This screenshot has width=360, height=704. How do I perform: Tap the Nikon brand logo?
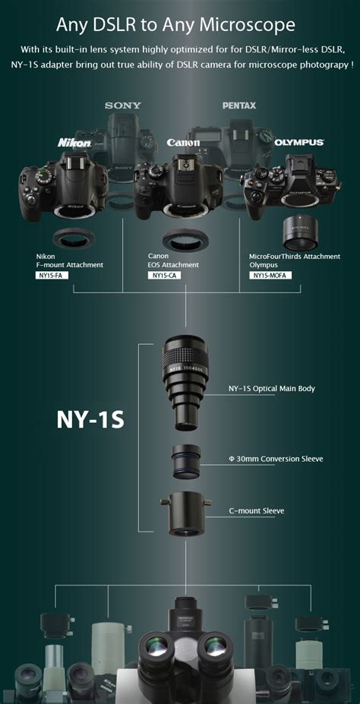[x=74, y=142]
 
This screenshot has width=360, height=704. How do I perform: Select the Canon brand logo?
[x=183, y=142]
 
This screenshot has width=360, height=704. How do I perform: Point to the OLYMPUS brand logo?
[x=299, y=142]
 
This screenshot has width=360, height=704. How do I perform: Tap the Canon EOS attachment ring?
[x=183, y=239]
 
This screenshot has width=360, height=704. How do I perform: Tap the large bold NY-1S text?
[x=90, y=420]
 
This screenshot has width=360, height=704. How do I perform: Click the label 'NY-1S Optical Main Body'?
[x=271, y=389]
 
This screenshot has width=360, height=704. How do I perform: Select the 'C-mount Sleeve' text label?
[x=257, y=510]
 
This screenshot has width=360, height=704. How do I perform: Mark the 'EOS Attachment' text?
[x=173, y=265]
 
